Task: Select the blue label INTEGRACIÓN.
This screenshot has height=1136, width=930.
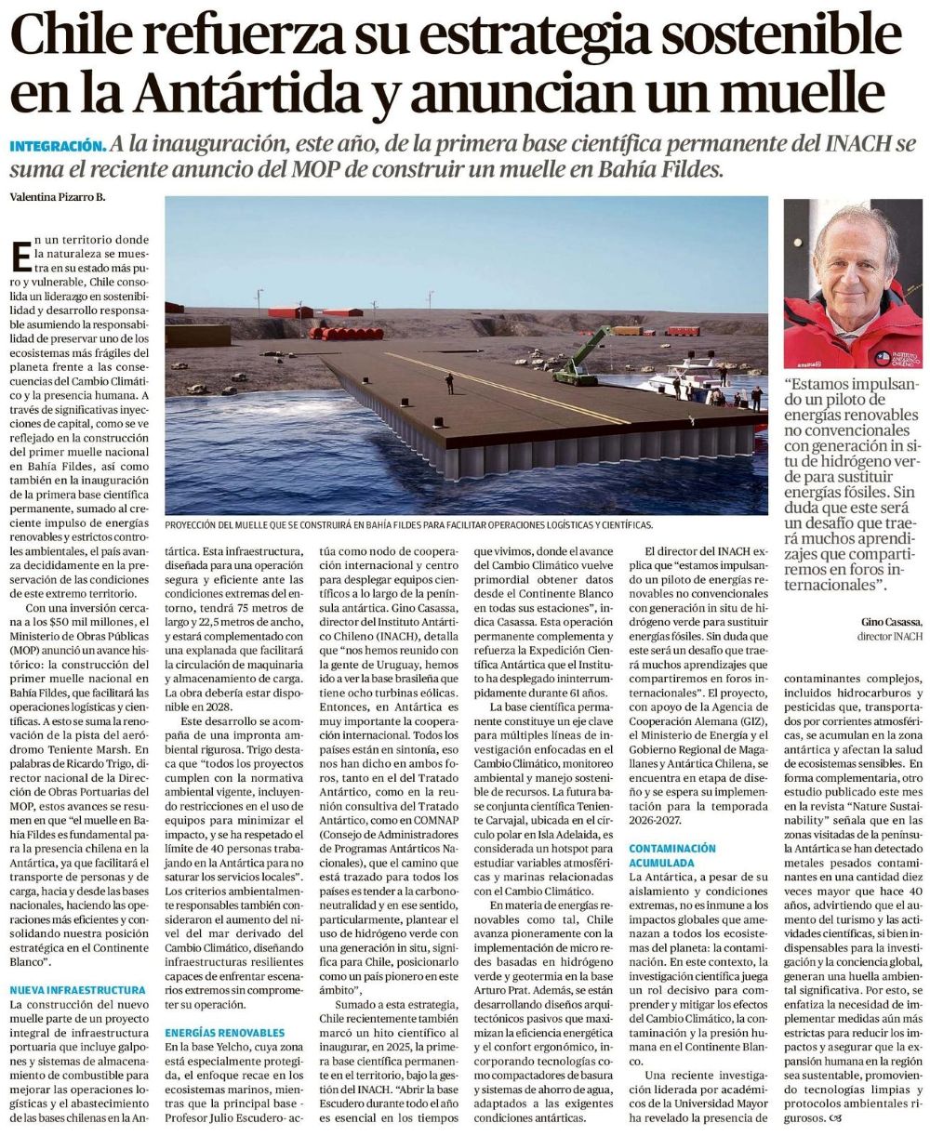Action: click(x=56, y=146)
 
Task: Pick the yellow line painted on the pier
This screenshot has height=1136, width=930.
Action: click(x=502, y=386)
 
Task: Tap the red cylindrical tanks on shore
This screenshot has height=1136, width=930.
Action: click(x=344, y=333)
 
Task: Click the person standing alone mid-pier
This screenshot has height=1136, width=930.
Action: click(x=448, y=382)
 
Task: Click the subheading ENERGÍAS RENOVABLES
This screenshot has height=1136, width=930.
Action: click(x=225, y=1033)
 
